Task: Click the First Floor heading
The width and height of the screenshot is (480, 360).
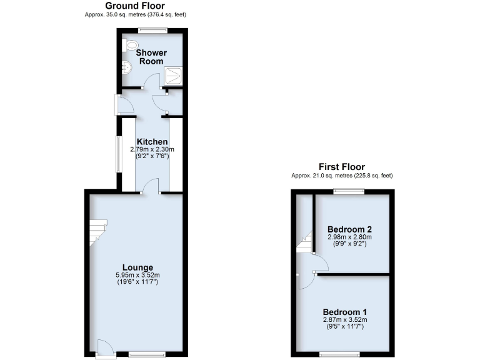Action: tap(342, 167)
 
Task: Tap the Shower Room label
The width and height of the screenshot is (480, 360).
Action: tap(151, 57)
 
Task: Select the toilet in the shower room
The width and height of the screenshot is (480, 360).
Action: tap(131, 45)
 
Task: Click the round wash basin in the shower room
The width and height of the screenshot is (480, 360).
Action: tap(127, 67)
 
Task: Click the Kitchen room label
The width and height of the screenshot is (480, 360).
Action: tap(152, 142)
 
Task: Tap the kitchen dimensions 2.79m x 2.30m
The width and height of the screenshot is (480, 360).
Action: tap(152, 150)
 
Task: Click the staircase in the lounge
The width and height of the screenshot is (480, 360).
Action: tap(97, 232)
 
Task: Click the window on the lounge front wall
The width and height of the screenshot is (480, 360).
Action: tap(147, 354)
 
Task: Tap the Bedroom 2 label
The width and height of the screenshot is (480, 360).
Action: tap(350, 229)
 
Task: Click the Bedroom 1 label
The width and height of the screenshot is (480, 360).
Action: tap(345, 312)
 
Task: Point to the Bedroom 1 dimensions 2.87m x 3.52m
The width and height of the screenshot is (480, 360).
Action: tap(345, 320)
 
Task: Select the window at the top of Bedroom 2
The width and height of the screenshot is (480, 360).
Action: tap(347, 192)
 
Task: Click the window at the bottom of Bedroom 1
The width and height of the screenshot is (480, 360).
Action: tap(338, 354)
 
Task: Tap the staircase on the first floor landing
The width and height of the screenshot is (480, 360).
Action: tap(304, 242)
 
